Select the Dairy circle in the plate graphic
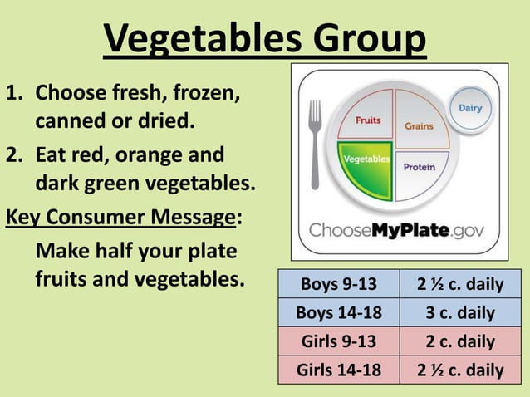[x=470, y=109]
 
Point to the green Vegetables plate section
[x=365, y=166]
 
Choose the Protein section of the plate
[x=420, y=170]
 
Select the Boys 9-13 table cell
[x=338, y=285]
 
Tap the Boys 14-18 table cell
[x=338, y=313]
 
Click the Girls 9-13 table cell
[x=338, y=341]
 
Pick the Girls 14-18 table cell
[x=338, y=370]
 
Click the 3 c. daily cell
[x=460, y=313]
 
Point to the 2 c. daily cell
[x=460, y=341]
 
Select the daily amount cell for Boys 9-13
[x=460, y=285]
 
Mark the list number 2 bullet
[x=14, y=154]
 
